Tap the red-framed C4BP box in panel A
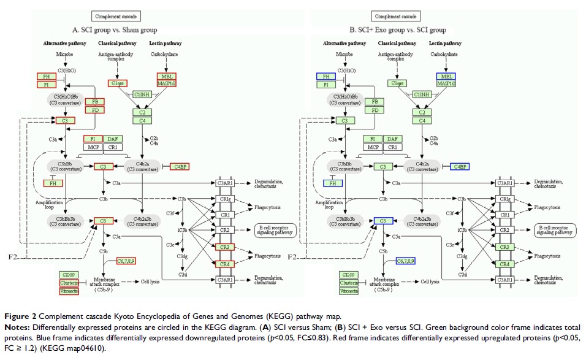(x=180, y=166)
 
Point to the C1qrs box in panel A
(x=118, y=83)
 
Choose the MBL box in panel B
(x=446, y=76)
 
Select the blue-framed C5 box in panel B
(x=382, y=221)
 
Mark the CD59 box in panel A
(x=68, y=274)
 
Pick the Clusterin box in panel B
(x=349, y=283)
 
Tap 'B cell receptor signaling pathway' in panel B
(x=554, y=230)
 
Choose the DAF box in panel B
(x=394, y=139)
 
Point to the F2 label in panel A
(x=15, y=256)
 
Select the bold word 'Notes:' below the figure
(x=18, y=326)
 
